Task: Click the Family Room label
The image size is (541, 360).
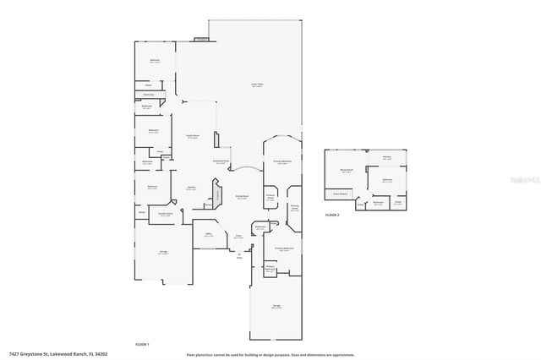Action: [192, 135]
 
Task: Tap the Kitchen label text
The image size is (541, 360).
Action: [192, 188]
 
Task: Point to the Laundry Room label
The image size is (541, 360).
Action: [166, 214]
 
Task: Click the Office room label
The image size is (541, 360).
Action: [207, 236]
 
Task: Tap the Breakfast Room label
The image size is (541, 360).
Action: [221, 162]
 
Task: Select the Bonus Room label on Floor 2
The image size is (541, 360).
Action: [345, 170]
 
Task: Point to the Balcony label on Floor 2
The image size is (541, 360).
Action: [386, 157]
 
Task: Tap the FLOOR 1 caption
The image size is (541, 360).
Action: [142, 344]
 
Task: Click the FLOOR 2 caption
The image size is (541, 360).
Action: [332, 215]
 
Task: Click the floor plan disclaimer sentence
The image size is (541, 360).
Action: [270, 354]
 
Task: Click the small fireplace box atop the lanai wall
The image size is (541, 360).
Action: [201, 39]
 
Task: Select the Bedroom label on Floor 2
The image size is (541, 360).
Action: [387, 180]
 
